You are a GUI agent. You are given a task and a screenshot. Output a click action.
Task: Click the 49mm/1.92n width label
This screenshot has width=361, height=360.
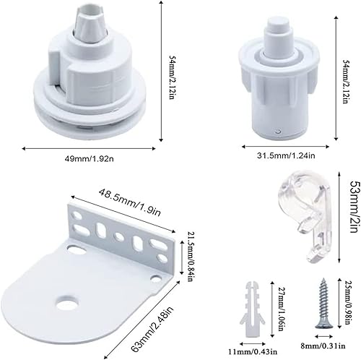89,159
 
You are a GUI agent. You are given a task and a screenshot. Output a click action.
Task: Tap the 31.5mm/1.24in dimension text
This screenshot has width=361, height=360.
286,155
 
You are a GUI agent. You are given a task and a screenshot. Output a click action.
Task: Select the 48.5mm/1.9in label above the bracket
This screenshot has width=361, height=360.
130,203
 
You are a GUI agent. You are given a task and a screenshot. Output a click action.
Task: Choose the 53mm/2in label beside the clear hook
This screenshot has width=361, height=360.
355,207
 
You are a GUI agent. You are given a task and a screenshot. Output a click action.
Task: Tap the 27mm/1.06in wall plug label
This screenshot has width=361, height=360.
282,309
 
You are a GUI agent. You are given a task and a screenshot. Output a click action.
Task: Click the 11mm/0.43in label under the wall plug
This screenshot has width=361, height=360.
253,352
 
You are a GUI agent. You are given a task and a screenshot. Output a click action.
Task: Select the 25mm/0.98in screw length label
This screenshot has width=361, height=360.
347,302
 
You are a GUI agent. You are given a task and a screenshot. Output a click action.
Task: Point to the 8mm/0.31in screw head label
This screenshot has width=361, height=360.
323,346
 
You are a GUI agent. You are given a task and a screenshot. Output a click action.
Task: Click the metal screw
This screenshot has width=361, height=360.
324,303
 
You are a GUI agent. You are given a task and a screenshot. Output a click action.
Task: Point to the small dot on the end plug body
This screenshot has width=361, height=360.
279,132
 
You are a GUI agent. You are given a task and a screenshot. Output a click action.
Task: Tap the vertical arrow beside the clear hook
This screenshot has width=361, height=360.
339,217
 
